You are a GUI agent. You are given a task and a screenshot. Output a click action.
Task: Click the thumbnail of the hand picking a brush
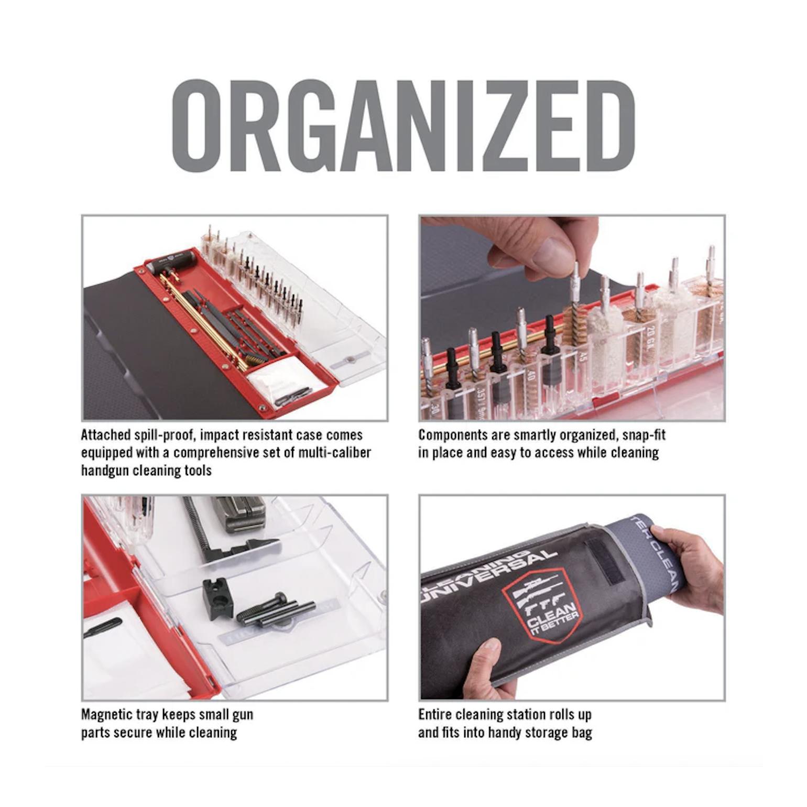point(572,318)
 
